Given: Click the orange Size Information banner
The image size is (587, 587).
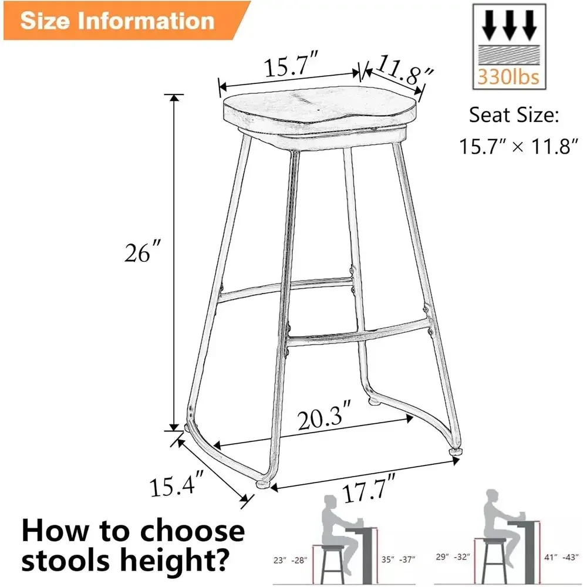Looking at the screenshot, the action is pos(123,20).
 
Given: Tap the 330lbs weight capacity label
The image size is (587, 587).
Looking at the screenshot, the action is pos(508,77).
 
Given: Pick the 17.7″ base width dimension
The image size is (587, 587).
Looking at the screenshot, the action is pos(369,488).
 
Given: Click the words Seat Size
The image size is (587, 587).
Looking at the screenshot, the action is pos(514,115).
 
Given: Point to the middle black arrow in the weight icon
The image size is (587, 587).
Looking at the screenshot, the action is pos(509,25).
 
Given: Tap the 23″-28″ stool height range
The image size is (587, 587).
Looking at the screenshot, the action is pos(291,560).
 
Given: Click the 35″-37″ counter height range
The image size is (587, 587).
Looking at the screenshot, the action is pos(399,559).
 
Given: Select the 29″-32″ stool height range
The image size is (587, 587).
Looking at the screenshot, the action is pos(453,556).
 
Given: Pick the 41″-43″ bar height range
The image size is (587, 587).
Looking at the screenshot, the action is pos(561,557).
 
